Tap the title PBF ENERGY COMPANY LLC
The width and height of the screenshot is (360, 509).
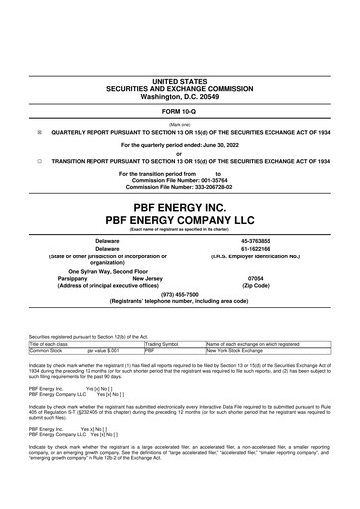click(180, 198)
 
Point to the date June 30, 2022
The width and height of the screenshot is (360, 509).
click(214, 144)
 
